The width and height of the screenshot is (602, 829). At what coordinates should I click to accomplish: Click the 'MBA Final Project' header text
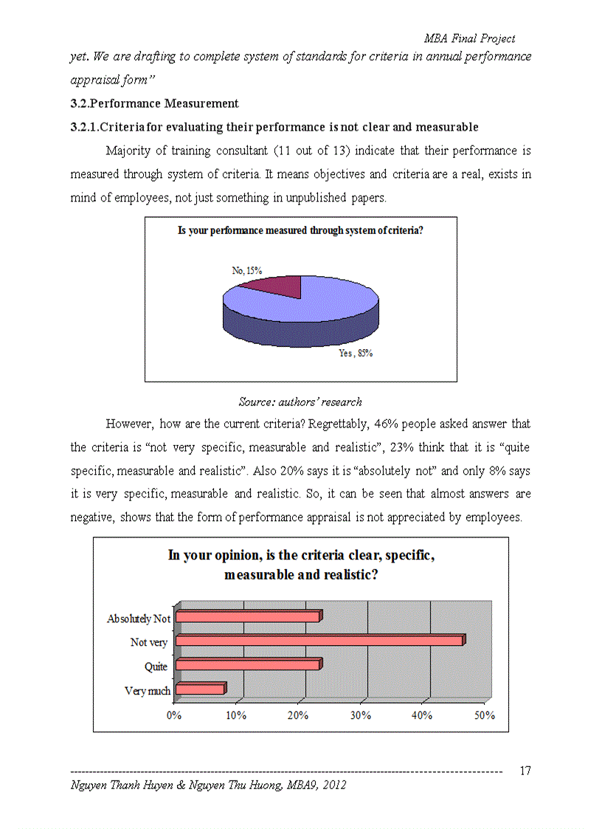pyautogui.click(x=469, y=38)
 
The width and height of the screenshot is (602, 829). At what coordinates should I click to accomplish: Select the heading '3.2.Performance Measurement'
pyautogui.click(x=154, y=103)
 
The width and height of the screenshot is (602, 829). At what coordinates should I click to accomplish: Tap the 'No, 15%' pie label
pyautogui.click(x=246, y=271)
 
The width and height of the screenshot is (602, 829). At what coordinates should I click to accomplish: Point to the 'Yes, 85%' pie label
pyautogui.click(x=355, y=354)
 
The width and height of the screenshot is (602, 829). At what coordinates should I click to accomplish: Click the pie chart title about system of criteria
pyautogui.click(x=300, y=231)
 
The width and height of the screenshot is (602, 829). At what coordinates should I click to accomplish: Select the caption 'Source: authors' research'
pyautogui.click(x=300, y=402)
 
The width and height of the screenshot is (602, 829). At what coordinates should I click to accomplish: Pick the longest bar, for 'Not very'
pyautogui.click(x=319, y=641)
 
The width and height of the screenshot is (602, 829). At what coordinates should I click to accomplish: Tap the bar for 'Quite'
pyautogui.click(x=247, y=665)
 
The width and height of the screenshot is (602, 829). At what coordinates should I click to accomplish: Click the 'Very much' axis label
pyautogui.click(x=148, y=691)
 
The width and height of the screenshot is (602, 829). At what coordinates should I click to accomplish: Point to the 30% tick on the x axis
pyautogui.click(x=359, y=715)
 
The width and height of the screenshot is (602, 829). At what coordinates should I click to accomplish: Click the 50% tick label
pyautogui.click(x=484, y=715)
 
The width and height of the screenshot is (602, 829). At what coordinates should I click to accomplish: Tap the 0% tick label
pyautogui.click(x=174, y=715)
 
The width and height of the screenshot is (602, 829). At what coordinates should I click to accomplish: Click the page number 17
pyautogui.click(x=525, y=771)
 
